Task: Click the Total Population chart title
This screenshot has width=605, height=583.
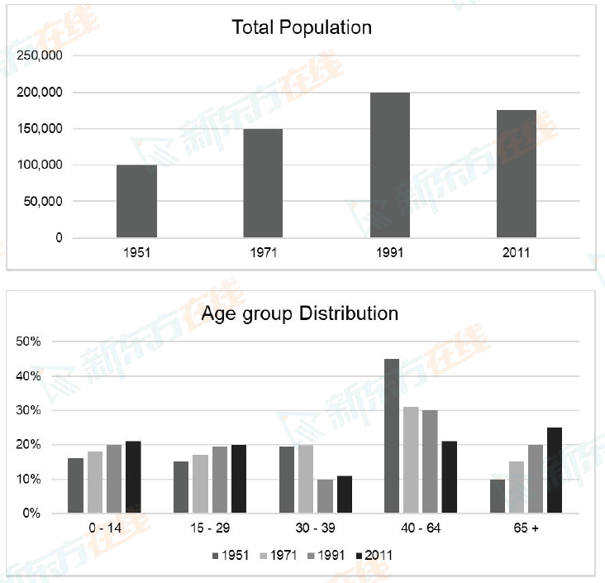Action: point(302,27)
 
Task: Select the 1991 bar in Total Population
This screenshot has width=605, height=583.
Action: point(389,165)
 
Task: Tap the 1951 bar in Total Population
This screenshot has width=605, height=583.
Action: point(136,201)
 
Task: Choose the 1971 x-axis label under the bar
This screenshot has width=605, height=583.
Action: point(263,252)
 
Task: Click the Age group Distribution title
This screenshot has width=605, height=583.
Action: point(300,314)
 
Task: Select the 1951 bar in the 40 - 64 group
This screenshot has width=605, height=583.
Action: point(392,436)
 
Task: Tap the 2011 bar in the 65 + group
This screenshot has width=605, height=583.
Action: point(554,470)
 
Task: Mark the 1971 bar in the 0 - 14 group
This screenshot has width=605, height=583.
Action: point(94,482)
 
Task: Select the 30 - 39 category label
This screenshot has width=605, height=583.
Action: point(314,528)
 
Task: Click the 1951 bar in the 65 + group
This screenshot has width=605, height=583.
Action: point(497,496)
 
